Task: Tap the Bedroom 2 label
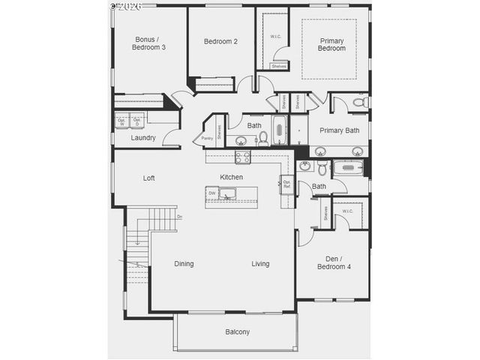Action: (x=220, y=41)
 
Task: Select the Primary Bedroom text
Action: (x=332, y=44)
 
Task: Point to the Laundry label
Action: (x=142, y=138)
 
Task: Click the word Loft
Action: (x=149, y=178)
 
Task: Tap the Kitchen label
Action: (x=231, y=177)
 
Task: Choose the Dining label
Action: (x=184, y=264)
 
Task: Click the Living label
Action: (x=260, y=264)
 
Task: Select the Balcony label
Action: (x=237, y=331)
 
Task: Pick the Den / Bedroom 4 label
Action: (x=332, y=262)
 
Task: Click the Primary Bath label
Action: (x=339, y=130)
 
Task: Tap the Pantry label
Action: (x=206, y=138)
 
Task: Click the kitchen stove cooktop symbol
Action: (x=242, y=157)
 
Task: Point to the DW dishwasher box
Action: (x=212, y=193)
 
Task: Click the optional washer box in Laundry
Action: (x=121, y=120)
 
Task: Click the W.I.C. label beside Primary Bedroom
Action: (x=275, y=37)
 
